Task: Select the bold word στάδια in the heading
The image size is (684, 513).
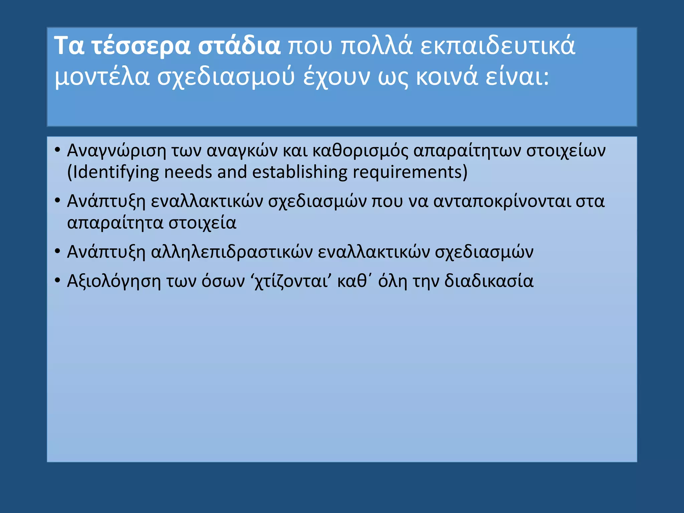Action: (x=239, y=46)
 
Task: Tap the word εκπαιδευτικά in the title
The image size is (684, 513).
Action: (x=498, y=46)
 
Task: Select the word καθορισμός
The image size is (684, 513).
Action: (x=360, y=151)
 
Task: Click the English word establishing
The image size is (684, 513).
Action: (x=300, y=173)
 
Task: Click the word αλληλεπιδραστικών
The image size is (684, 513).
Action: (x=232, y=252)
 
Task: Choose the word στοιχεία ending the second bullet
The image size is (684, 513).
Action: (x=202, y=223)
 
